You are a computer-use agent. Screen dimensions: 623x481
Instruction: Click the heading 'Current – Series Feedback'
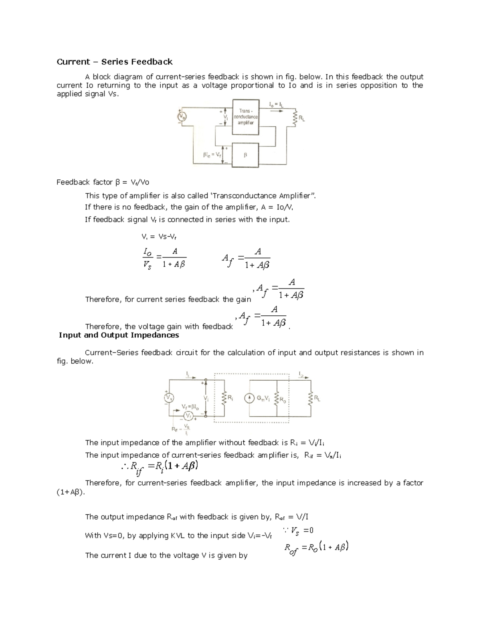pyautogui.click(x=115, y=62)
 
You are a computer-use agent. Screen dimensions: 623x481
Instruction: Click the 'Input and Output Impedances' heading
pyautogui.click(x=119, y=335)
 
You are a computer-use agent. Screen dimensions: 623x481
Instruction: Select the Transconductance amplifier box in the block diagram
pyautogui.click(x=246, y=117)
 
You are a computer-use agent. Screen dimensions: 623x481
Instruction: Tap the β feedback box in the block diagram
pyautogui.click(x=245, y=154)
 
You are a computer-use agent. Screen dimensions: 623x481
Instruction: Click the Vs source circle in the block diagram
pyautogui.click(x=182, y=117)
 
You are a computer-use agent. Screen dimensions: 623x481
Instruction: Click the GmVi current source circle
pyautogui.click(x=249, y=398)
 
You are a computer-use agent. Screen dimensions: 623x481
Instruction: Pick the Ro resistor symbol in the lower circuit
pyautogui.click(x=276, y=399)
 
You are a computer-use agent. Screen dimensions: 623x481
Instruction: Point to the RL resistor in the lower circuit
pyautogui.click(x=310, y=398)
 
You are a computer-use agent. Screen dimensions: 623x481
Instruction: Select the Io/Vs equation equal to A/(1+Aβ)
pyautogui.click(x=164, y=258)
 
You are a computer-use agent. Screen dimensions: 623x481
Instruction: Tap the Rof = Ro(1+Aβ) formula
pyautogui.click(x=316, y=548)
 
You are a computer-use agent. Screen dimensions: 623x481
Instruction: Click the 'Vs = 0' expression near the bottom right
pyautogui.click(x=299, y=531)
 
